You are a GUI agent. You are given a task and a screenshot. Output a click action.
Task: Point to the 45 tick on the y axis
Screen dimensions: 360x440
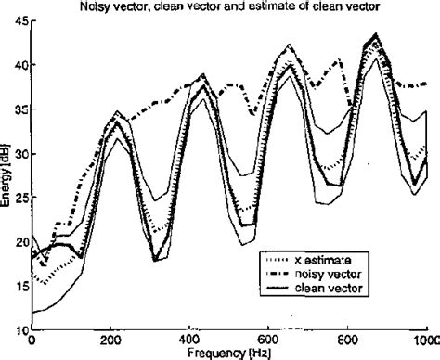click(x=19, y=22)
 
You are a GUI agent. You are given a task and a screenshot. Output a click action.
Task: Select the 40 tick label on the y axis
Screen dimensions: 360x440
click(x=19, y=66)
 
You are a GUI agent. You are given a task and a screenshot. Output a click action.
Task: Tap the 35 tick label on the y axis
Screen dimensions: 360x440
click(x=19, y=109)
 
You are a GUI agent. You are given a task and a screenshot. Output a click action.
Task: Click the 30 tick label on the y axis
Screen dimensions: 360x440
click(x=19, y=154)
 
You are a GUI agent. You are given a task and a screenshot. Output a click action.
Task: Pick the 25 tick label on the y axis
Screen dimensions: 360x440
click(x=19, y=198)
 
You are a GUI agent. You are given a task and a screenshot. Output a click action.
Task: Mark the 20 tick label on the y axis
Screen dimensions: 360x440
click(x=19, y=241)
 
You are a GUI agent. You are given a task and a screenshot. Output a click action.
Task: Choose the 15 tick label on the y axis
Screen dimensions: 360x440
click(x=19, y=286)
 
